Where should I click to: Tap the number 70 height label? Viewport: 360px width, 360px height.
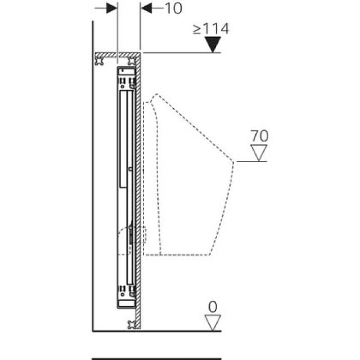click(x=260, y=136)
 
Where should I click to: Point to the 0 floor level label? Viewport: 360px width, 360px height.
click(x=212, y=307)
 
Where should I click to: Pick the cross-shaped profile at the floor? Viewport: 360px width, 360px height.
click(x=133, y=324)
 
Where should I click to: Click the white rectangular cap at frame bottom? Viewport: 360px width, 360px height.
click(x=127, y=305)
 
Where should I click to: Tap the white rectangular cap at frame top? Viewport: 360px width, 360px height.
click(x=127, y=71)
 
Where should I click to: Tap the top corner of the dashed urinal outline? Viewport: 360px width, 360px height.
click(x=155, y=94)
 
